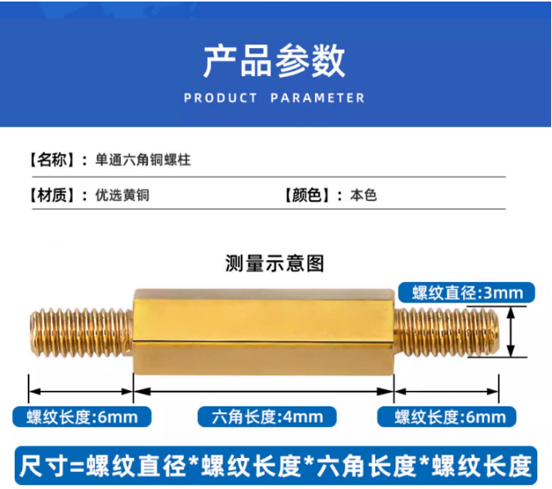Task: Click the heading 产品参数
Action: [275, 61]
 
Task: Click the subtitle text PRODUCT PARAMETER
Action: [275, 98]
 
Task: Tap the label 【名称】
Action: [51, 160]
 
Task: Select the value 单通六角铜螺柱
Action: [143, 160]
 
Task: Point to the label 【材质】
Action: [51, 195]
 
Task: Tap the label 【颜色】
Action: [306, 195]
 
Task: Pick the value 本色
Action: [363, 195]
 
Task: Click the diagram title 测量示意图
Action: [275, 263]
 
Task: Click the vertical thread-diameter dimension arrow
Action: [514, 332]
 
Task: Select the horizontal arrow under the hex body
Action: [263, 390]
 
